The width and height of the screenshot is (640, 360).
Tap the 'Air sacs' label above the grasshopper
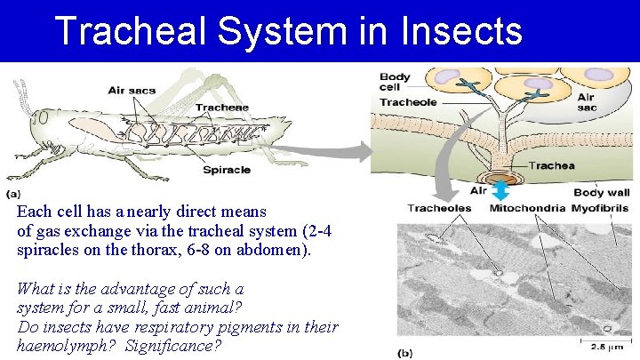[x=131, y=89]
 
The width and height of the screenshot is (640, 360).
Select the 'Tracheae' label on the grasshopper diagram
[x=222, y=108]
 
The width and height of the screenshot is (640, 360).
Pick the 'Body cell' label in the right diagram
[x=396, y=83]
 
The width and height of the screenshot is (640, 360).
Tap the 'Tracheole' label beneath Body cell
[x=407, y=102]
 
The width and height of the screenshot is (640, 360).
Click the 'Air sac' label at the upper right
[x=587, y=102]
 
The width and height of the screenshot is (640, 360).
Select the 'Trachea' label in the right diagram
[x=551, y=165]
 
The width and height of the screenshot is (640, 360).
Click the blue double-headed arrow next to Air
[x=500, y=190]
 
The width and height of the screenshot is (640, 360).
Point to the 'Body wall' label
[x=601, y=192]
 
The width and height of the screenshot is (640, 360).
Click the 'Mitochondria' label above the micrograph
[x=526, y=208]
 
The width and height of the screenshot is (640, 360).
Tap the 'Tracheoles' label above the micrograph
[x=439, y=208]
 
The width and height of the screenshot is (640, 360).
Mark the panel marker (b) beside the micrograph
[x=406, y=352]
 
